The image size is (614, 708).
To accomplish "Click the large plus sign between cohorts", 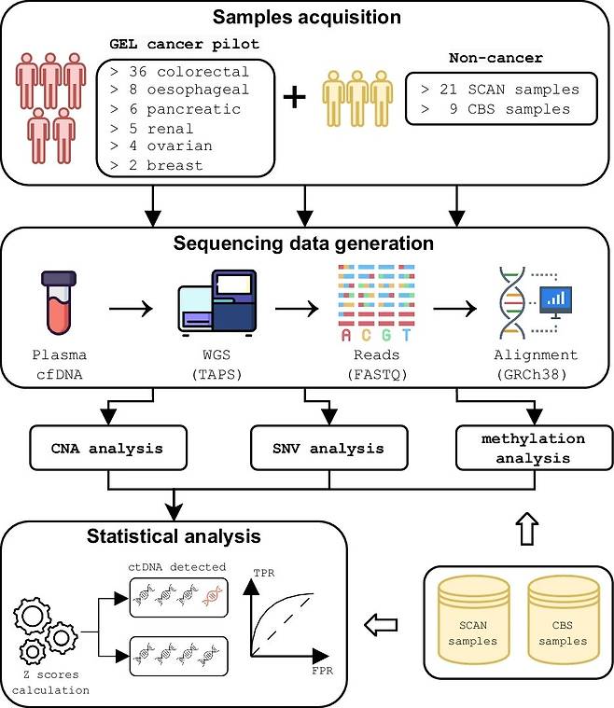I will [294, 97].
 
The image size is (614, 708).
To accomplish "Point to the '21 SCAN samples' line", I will [499, 90].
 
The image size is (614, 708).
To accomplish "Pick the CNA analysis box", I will [108, 448].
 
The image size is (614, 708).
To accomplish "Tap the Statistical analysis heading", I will [174, 536].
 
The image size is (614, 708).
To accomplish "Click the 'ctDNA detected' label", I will [178, 568].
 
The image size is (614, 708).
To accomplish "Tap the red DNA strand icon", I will [214, 598].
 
